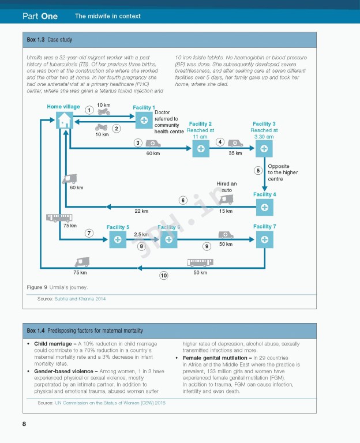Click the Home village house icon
click(x=65, y=120)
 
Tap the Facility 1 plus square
click(x=144, y=120)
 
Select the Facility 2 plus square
click(x=200, y=149)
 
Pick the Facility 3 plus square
click(x=264, y=149)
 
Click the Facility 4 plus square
click(x=264, y=207)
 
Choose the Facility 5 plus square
click(x=118, y=239)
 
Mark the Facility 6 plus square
click(x=168, y=239)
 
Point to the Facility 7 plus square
click(x=264, y=239)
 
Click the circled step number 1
click(x=89, y=110)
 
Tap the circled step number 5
click(x=258, y=170)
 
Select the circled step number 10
click(x=164, y=276)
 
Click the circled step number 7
click(x=89, y=233)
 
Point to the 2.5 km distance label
click(x=141, y=235)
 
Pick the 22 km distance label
click(x=142, y=211)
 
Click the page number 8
click(x=24, y=425)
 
